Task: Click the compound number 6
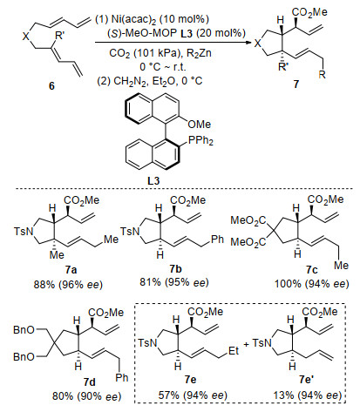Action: (x=51, y=85)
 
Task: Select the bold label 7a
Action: (x=71, y=270)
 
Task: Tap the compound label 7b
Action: (x=176, y=269)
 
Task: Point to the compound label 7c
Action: (x=311, y=270)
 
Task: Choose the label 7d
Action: (x=89, y=382)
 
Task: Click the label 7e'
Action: (x=306, y=380)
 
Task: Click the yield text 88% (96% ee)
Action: (x=68, y=284)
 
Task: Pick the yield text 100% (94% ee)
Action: (x=311, y=284)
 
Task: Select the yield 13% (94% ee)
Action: (x=307, y=395)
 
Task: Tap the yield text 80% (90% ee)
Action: (x=86, y=396)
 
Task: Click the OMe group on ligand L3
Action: (x=200, y=125)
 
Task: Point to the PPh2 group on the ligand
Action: (x=201, y=141)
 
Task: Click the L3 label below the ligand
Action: (x=153, y=181)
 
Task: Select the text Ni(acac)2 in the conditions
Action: (x=132, y=20)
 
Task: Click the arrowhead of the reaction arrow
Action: (x=248, y=43)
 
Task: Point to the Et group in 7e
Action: (x=234, y=351)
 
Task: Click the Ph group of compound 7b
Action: (x=218, y=240)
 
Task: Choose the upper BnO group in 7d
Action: (x=24, y=330)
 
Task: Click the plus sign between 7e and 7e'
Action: (x=247, y=344)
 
